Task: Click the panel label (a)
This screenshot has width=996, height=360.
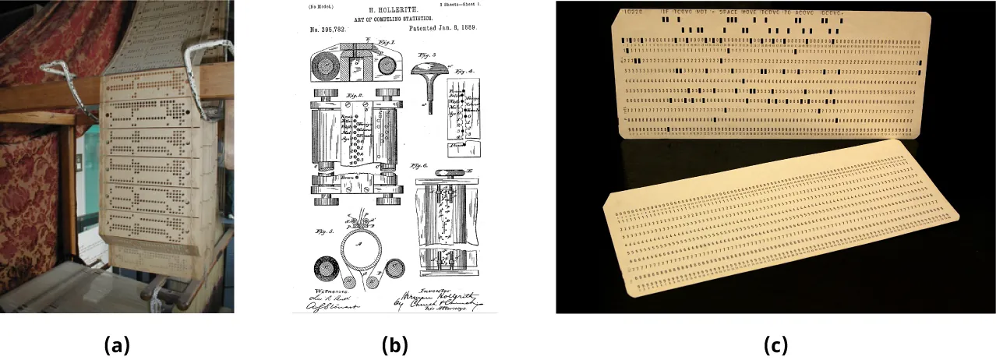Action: [117, 344]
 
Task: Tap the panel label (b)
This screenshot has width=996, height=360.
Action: [394, 344]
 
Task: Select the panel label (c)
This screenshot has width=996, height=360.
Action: [775, 344]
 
